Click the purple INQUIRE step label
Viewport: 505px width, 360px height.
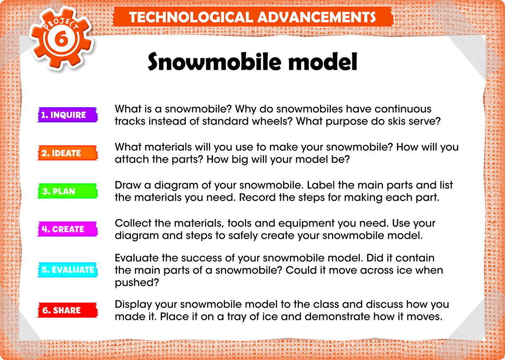click(x=68, y=115)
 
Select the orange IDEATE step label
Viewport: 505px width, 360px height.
click(x=68, y=153)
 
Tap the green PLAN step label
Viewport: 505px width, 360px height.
click(x=68, y=191)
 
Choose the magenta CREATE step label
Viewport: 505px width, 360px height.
click(x=68, y=229)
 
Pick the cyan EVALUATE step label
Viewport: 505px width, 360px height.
click(x=68, y=269)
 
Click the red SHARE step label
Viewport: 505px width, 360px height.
click(x=68, y=310)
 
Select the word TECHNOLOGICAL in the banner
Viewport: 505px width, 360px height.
click(x=190, y=17)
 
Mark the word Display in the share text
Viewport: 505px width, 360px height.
click(x=133, y=304)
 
